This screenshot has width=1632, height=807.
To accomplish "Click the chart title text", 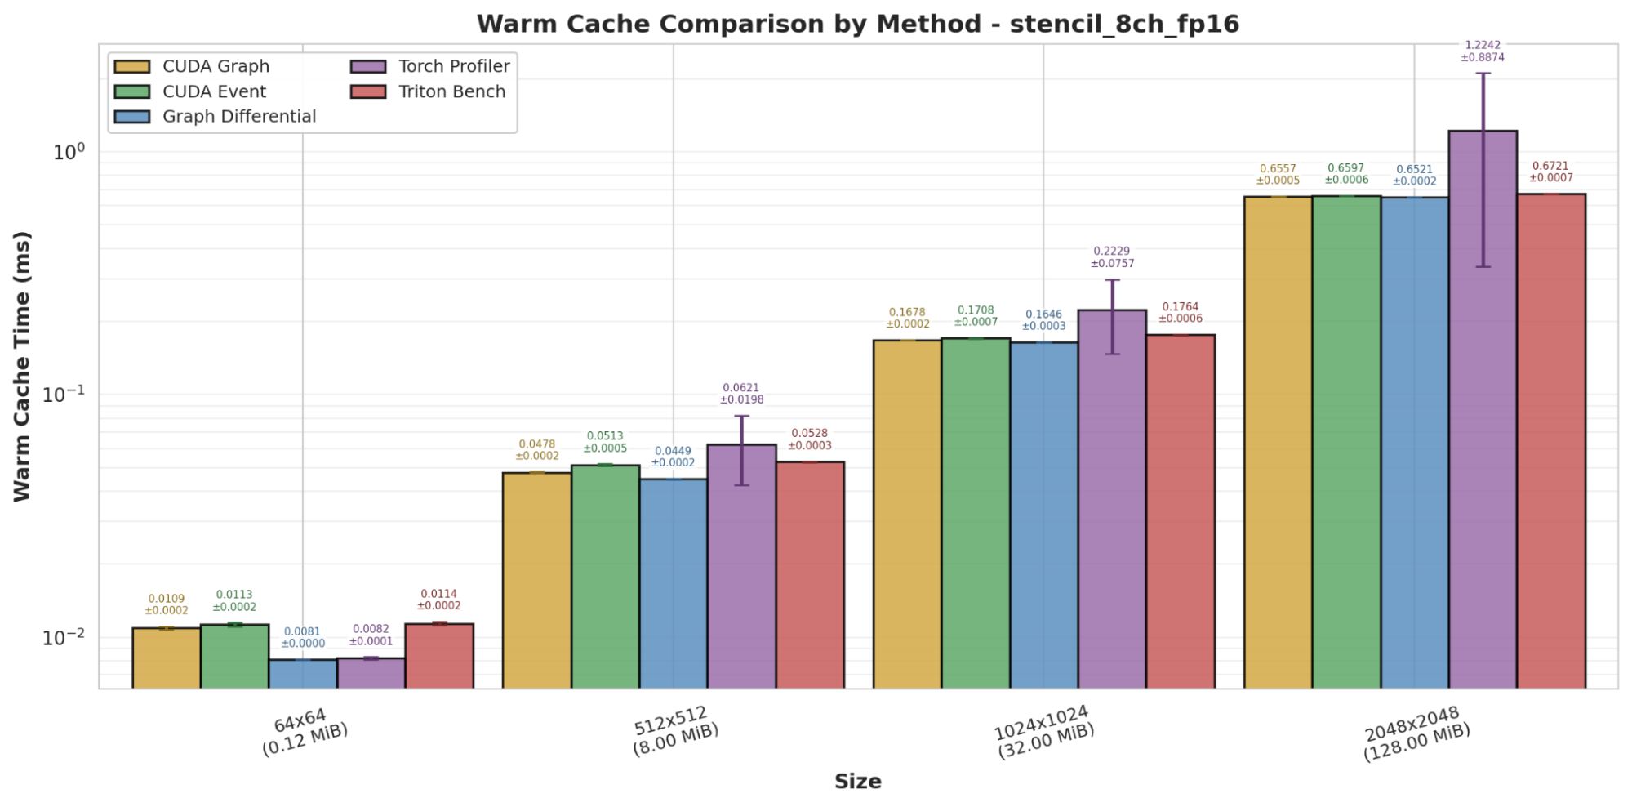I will pos(857,24).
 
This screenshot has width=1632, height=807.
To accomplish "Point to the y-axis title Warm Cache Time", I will pos(22,366).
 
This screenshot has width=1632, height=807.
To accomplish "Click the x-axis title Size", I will pos(857,782).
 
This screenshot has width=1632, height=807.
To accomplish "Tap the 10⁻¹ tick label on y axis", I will pos(64,394).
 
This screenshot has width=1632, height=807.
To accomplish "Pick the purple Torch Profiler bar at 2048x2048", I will pos(1483,408).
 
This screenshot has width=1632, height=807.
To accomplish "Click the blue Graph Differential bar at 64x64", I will pos(303,674).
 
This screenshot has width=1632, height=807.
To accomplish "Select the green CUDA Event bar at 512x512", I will pos(605,576).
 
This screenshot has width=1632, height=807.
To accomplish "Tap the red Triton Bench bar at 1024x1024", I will pos(1180,511).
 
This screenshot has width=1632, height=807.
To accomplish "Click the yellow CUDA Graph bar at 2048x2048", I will pos(1278,441).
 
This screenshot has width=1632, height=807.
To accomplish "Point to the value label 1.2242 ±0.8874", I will pos(1483,51).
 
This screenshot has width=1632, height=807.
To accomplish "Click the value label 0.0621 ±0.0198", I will pos(741,394).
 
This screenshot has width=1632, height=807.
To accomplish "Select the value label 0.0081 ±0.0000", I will pos(303,637).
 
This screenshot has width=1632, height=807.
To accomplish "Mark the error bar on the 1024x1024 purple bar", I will pos(1112,317).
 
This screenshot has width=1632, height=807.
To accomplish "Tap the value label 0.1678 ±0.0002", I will pos(907,318).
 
